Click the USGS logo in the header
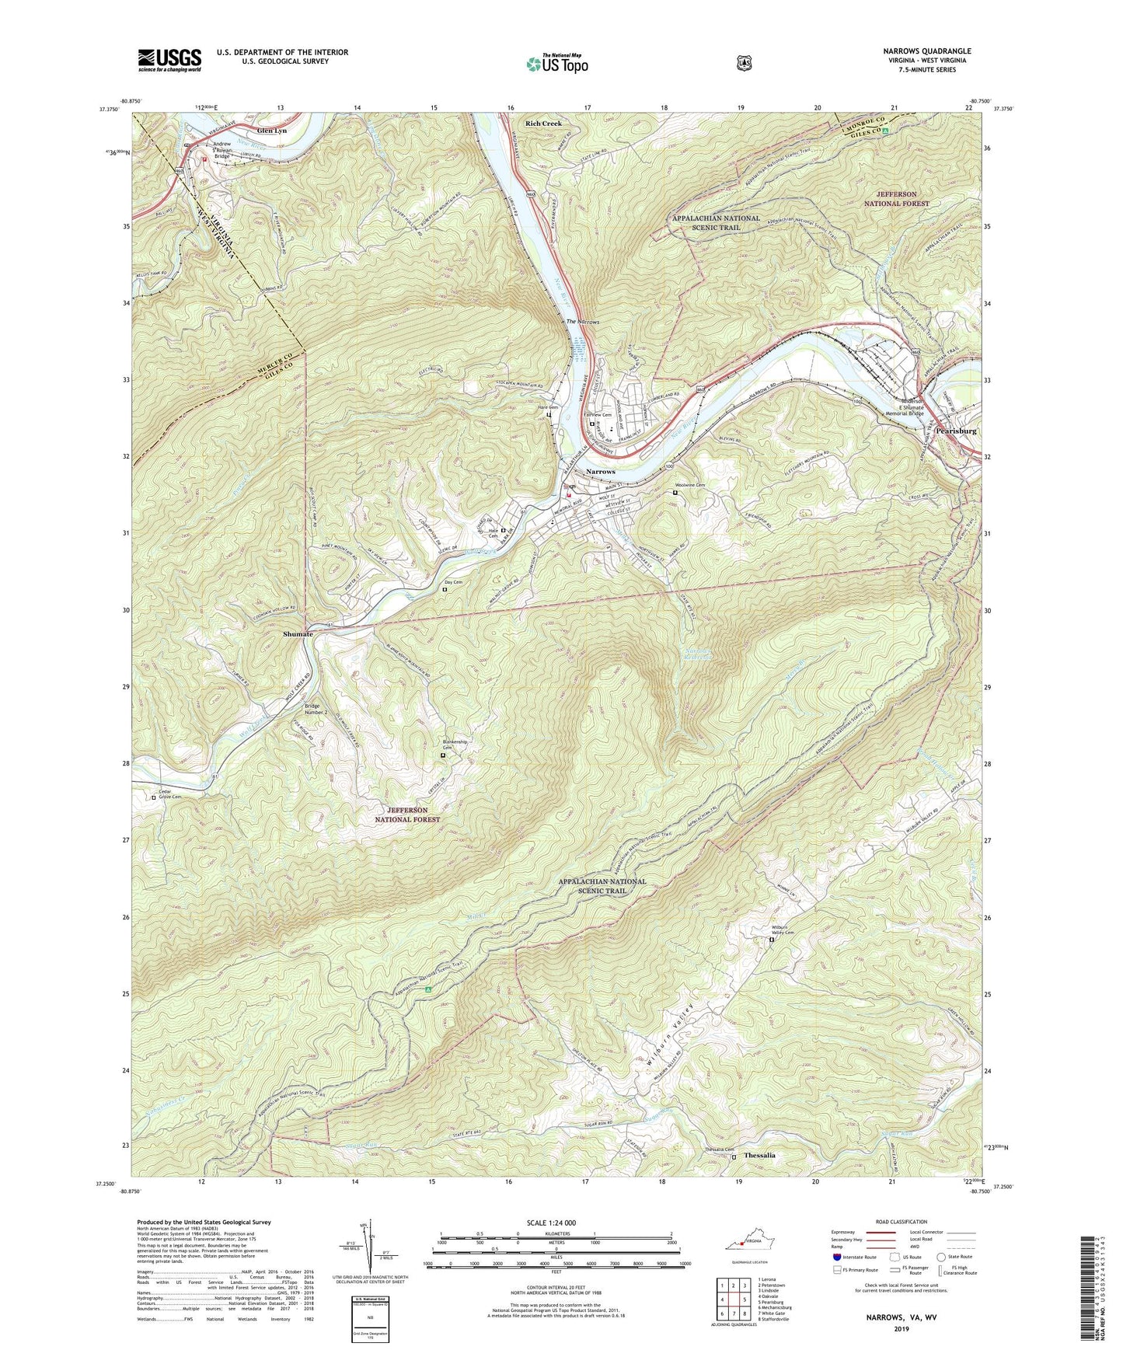coord(169,60)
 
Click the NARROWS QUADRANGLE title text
coord(926,51)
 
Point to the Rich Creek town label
coord(542,124)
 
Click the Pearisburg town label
coord(956,431)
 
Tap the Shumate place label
coord(298,634)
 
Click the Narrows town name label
coord(600,472)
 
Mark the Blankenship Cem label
coord(455,745)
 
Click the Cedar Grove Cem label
coord(169,795)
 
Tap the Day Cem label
coord(453,582)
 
